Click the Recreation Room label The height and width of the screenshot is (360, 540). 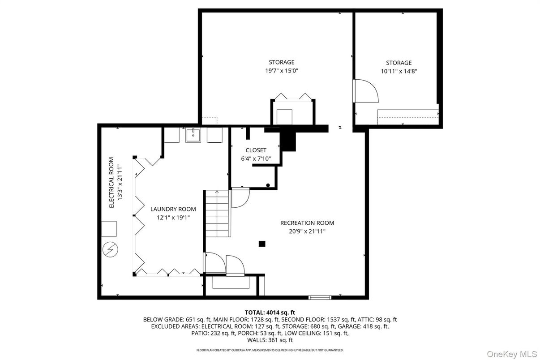click(307, 223)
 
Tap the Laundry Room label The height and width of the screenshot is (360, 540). click(173, 209)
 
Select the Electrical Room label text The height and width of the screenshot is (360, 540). click(111, 183)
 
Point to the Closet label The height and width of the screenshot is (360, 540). click(256, 150)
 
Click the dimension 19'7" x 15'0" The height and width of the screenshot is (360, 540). click(282, 71)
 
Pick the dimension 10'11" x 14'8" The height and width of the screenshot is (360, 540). click(399, 71)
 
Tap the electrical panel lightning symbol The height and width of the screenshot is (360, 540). click(110, 249)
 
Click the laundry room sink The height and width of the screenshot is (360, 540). click(193, 136)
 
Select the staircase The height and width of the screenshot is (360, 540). click(218, 214)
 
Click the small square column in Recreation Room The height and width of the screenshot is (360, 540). click(262, 244)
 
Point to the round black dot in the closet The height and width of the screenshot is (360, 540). click(268, 185)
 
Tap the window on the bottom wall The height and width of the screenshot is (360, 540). click(320, 298)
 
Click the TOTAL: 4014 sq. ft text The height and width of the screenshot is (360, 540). click(270, 313)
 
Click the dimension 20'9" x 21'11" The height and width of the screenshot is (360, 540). click(307, 231)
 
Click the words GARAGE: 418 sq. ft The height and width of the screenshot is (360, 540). click(363, 326)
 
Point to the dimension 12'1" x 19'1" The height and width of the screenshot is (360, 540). click(173, 218)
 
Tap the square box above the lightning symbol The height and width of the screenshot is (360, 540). click(109, 229)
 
